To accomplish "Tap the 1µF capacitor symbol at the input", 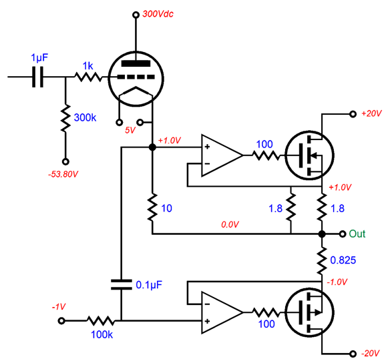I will click(39, 77).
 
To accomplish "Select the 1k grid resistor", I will click(87, 77).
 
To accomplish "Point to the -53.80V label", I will click(65, 174).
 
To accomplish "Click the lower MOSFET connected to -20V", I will click(308, 312).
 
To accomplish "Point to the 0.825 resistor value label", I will click(345, 259).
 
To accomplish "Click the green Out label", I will click(357, 234).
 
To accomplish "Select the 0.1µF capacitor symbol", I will click(121, 284).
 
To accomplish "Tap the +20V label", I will click(371, 114).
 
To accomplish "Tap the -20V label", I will click(371, 353).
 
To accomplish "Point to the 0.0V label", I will click(230, 226).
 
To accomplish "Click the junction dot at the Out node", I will click(322, 234).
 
